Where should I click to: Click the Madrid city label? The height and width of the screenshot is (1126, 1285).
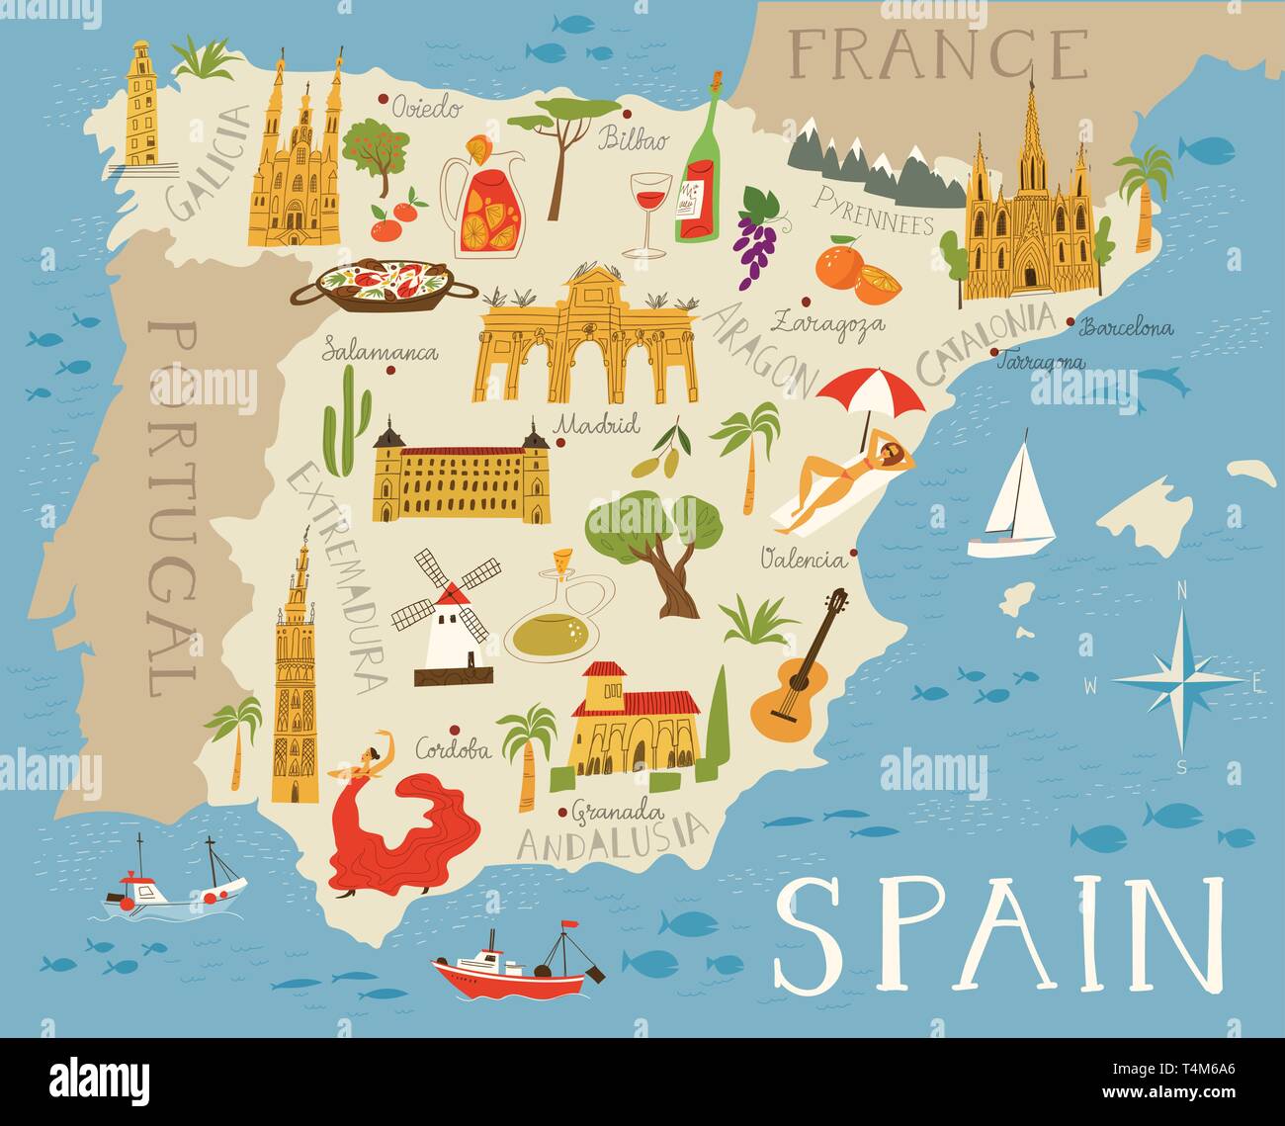(597, 425)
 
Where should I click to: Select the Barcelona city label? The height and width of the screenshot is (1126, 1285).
(1127, 327)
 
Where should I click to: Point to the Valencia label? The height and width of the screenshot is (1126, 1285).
(803, 561)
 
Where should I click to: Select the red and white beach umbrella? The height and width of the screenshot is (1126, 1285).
(870, 391)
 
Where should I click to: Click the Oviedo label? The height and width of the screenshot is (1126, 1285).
(426, 107)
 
